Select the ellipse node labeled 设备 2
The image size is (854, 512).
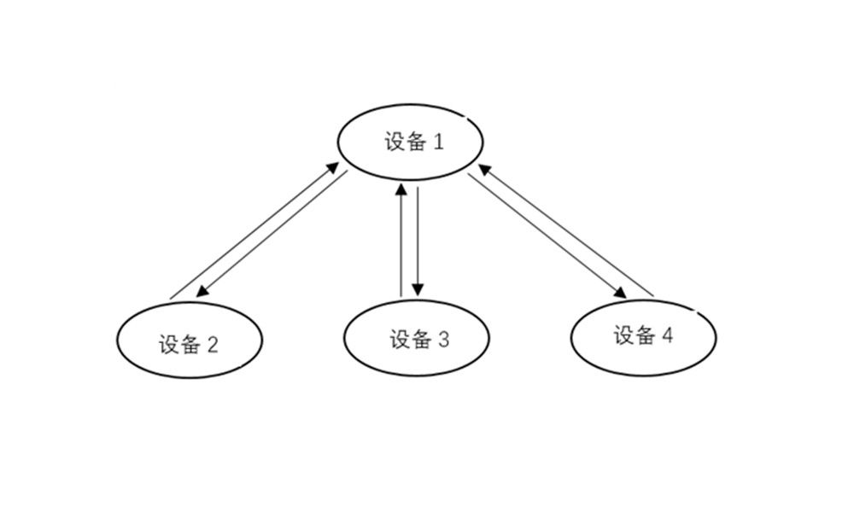189,340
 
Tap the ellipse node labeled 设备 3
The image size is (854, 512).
417,338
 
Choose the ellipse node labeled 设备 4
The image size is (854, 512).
643,337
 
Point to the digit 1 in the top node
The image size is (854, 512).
439,142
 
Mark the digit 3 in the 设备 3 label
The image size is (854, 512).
443,340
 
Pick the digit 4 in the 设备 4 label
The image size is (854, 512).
667,335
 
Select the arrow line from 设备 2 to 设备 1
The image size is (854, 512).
251,233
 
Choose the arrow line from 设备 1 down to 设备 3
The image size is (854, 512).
418,239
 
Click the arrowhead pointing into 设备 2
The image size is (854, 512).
202,292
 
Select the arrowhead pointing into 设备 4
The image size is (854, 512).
619,293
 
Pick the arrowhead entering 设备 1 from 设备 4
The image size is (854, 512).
483,169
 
